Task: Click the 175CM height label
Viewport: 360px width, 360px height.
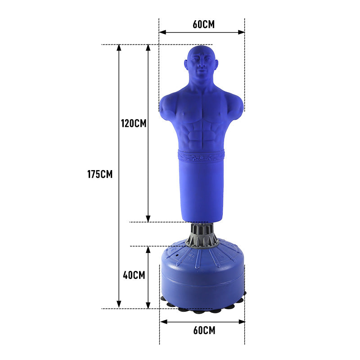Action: coord(100,174)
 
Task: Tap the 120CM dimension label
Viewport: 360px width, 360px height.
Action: coord(134,123)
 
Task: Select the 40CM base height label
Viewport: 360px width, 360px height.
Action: coord(134,275)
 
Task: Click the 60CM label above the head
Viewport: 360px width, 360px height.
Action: coord(204,24)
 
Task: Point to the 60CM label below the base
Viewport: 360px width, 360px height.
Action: coord(204,330)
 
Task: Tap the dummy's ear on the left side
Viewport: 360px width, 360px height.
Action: coord(186,64)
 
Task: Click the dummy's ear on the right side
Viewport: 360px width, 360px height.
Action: coord(216,64)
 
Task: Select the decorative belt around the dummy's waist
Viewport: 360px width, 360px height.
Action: coord(201,156)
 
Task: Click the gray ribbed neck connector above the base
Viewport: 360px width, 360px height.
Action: coord(202,235)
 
